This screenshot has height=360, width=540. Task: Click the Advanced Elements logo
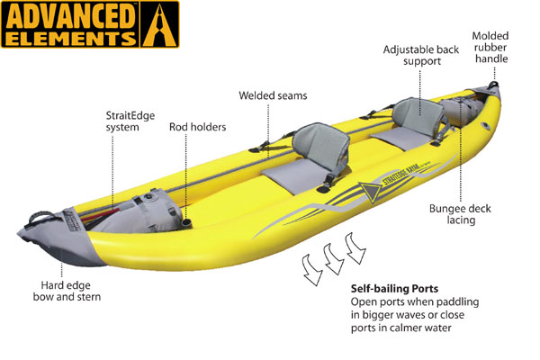coord(90,24)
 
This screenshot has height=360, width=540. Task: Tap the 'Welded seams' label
coord(273,95)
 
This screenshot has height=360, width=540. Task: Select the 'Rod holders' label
coord(197,127)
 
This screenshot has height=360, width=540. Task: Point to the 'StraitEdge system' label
coord(130,121)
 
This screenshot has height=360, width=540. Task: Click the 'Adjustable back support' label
coord(421,55)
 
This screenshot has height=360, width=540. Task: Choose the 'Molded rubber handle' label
coord(490,47)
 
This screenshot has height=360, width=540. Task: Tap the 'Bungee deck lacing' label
coord(460,214)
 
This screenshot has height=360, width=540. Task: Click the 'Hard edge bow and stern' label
coord(67,291)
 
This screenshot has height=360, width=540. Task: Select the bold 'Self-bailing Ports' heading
coord(394,288)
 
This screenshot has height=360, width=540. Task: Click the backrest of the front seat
coord(320,147)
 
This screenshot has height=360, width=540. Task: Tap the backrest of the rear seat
coord(418,115)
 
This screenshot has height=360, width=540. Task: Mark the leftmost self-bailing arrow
coord(312,269)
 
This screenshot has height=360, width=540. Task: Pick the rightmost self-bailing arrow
coord(355,248)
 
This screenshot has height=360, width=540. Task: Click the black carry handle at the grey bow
coord(40,217)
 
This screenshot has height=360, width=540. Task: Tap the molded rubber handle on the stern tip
coord(493,84)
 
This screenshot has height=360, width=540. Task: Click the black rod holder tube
coord(186,222)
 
